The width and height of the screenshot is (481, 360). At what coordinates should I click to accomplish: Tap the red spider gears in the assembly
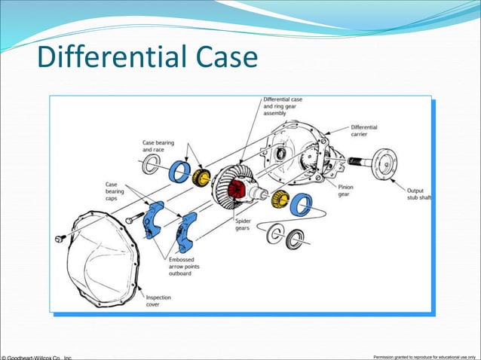pyautogui.click(x=239, y=189)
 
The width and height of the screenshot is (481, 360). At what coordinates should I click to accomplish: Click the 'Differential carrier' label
pyautogui.click(x=365, y=131)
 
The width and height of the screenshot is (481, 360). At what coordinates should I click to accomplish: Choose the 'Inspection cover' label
pyautogui.click(x=158, y=301)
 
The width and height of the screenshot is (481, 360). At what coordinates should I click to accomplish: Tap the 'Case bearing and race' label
pyautogui.click(x=158, y=146)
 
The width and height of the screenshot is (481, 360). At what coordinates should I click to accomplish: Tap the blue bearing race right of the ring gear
pyautogui.click(x=301, y=204)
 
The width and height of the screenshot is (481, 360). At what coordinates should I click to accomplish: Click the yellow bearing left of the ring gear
pyautogui.click(x=201, y=178)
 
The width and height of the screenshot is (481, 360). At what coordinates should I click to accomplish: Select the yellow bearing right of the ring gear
pyautogui.click(x=280, y=200)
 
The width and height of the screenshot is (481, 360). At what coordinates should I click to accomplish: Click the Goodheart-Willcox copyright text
pyautogui.click(x=38, y=356)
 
